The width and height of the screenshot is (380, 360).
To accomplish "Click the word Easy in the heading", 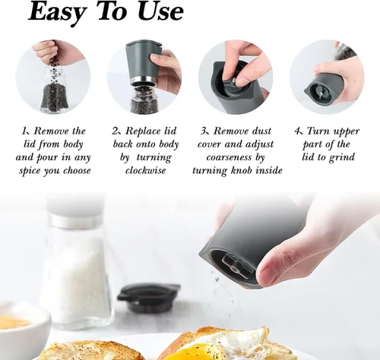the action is (x=57, y=12).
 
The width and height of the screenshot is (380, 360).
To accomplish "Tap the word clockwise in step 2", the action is (x=146, y=170).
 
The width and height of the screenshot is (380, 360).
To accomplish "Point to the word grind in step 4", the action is (x=342, y=157).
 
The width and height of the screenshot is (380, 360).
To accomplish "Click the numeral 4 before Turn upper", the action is (x=297, y=131).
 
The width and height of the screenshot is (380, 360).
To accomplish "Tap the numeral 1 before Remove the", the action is (x=24, y=131).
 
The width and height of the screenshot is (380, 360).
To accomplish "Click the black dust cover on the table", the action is (x=148, y=297).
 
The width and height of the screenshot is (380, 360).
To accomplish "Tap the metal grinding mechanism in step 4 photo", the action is (x=321, y=93).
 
